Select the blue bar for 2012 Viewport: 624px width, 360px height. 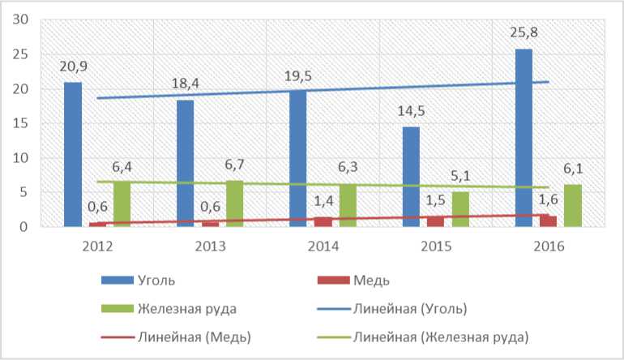[73, 154]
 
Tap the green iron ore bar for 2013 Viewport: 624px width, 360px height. [234, 204]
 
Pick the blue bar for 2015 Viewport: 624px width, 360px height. [411, 176]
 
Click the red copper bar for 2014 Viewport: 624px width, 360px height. [323, 221]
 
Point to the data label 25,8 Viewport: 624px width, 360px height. [524, 34]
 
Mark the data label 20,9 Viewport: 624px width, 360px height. [73, 67]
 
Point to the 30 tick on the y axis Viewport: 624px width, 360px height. [20, 20]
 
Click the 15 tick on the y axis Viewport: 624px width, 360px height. [20, 123]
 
